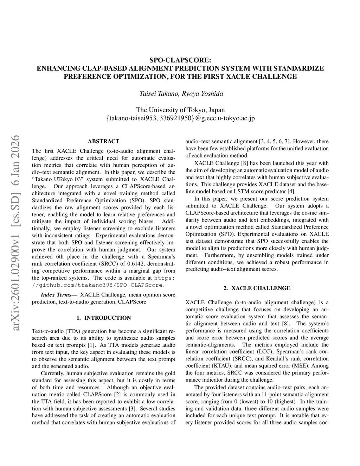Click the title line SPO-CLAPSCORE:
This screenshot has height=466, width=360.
[180, 60]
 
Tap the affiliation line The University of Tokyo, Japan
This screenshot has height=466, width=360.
[180, 110]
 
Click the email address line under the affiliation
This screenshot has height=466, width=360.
[180, 119]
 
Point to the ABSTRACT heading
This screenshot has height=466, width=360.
[103, 141]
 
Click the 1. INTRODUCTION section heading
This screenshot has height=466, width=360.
[103, 318]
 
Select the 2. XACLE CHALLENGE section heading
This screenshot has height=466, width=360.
[257, 288]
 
